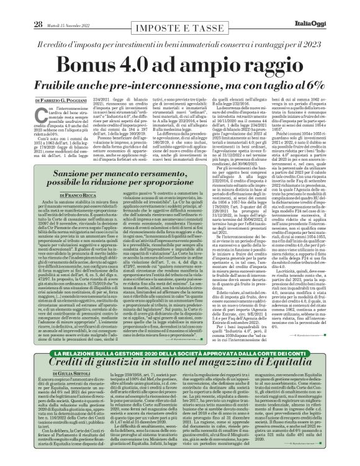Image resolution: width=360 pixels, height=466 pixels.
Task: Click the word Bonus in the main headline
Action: coord(99,66)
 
